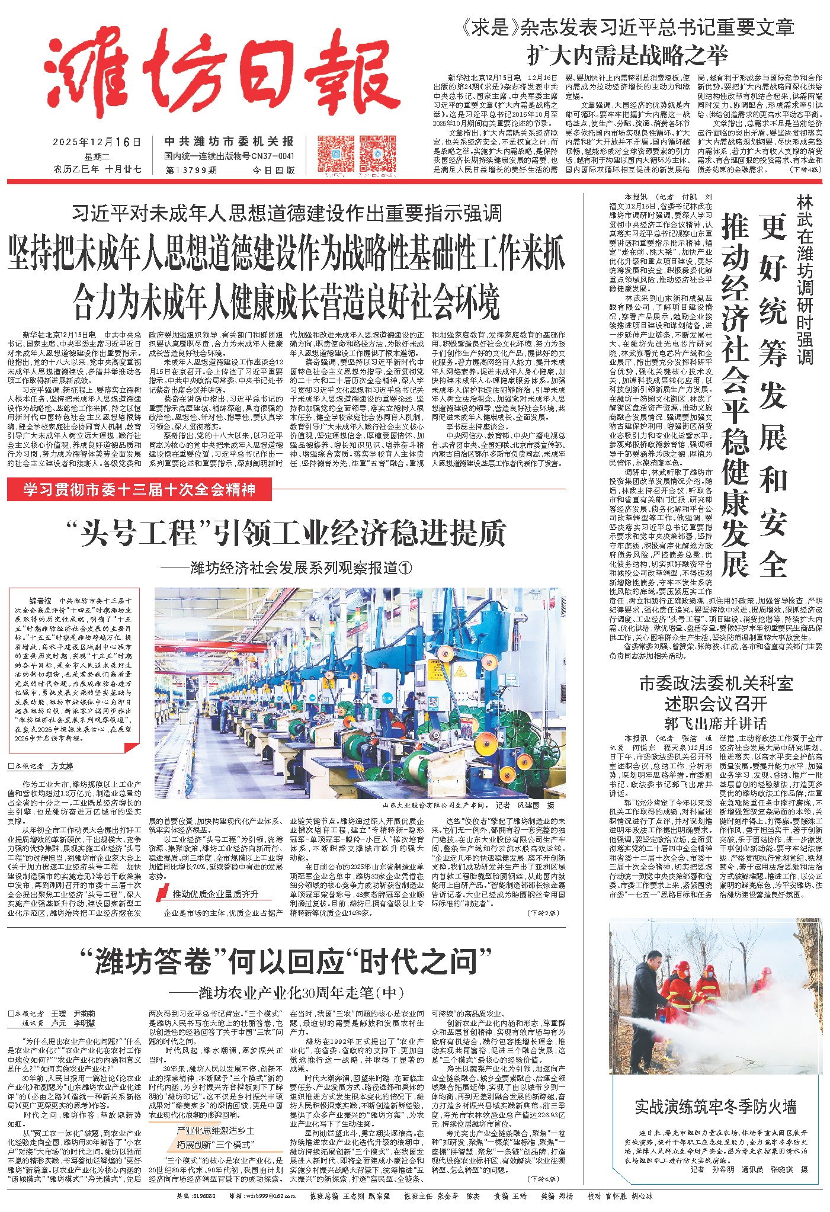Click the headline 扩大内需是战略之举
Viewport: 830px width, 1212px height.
[627, 56]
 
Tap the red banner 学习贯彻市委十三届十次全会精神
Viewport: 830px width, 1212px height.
[139, 490]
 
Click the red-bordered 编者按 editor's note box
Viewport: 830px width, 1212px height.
[74, 669]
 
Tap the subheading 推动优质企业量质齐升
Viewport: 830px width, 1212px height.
[216, 894]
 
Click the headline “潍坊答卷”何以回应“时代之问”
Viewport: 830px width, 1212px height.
[286, 961]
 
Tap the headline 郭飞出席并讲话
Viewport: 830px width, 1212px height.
[715, 723]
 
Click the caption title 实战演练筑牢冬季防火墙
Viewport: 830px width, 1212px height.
[715, 1107]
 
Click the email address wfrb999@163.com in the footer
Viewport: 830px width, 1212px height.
[267, 1196]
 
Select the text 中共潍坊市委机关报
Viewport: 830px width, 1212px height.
[229, 142]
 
